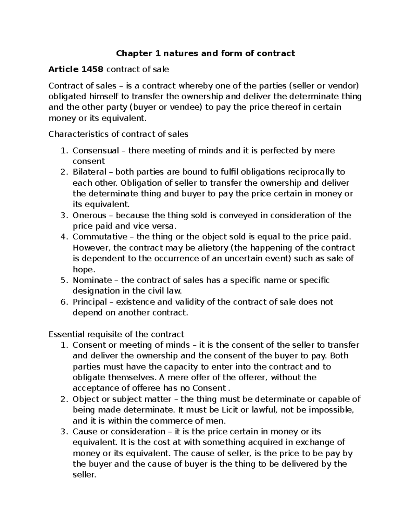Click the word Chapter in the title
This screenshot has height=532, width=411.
point(129,53)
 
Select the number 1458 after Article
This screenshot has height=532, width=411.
point(92,70)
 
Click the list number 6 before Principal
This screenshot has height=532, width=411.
point(63,302)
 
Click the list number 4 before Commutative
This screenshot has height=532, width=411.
point(63,237)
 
